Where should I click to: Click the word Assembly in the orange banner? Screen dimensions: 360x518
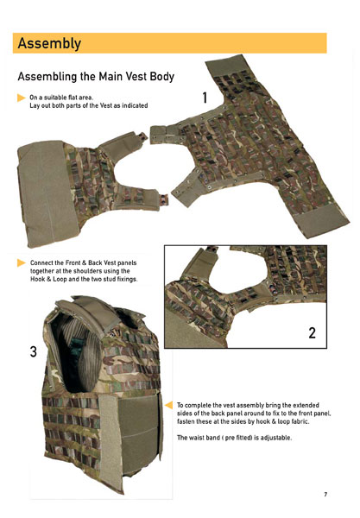[49, 44]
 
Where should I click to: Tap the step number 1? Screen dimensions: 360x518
[205, 98]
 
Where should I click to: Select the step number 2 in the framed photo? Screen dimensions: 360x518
[313, 332]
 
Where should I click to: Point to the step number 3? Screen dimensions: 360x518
[34, 351]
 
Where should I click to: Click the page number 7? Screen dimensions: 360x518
[325, 494]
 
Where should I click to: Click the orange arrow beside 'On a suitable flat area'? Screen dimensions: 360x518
[22, 98]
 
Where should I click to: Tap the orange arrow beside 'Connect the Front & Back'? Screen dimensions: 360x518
[22, 263]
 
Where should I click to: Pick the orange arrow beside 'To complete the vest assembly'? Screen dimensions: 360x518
[168, 405]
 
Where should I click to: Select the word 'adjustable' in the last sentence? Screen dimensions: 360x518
[276, 438]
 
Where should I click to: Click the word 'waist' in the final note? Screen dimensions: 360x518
[196, 438]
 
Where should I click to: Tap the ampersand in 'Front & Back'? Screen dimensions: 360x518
[84, 263]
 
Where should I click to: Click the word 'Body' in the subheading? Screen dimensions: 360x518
[162, 77]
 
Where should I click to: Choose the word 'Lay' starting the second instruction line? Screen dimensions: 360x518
[35, 105]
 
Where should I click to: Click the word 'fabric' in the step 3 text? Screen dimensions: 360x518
[300, 421]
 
